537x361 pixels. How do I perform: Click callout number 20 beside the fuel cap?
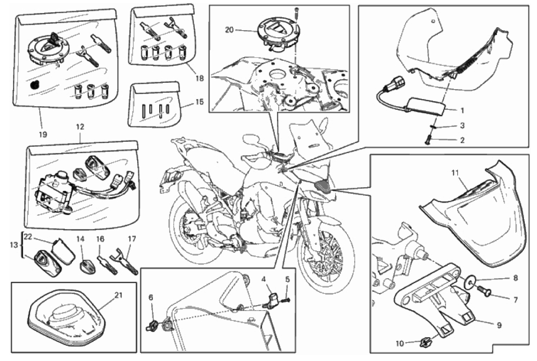[x=229, y=30]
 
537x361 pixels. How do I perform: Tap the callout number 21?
[x=118, y=295]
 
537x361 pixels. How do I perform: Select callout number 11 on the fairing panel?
[x=455, y=173]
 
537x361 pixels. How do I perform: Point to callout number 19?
[x=43, y=135]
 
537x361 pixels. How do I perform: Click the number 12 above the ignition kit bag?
[x=80, y=127]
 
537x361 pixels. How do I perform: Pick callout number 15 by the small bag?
[x=199, y=102]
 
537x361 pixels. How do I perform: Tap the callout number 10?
[x=400, y=343]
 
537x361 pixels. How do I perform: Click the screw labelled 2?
[x=428, y=140]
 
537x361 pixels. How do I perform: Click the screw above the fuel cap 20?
[x=295, y=14]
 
